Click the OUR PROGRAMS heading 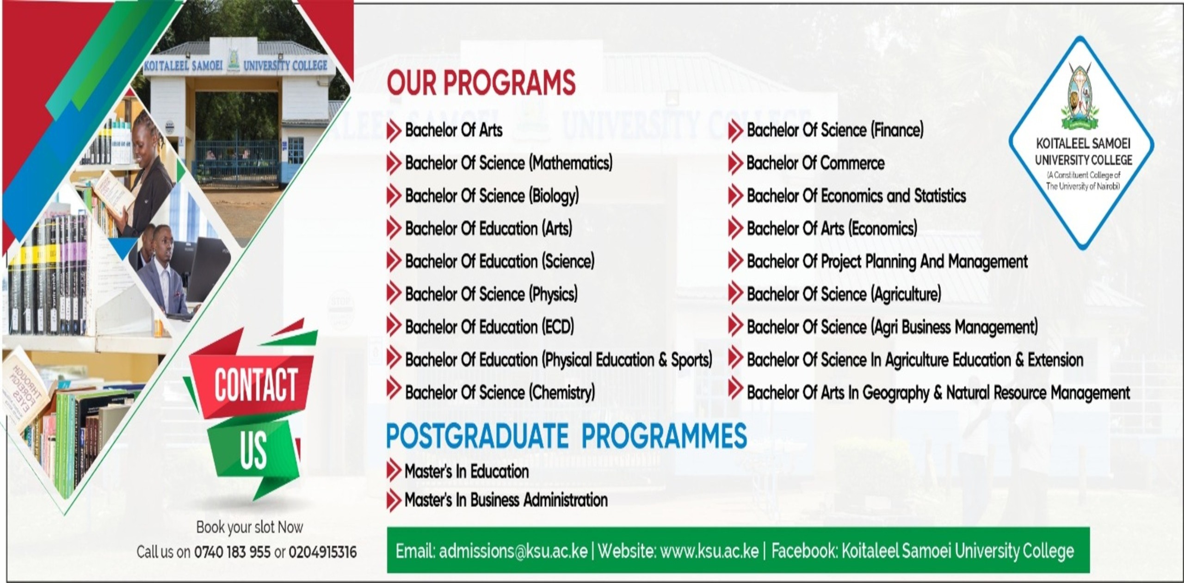(481, 83)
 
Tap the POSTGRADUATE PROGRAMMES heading (566, 436)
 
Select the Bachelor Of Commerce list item (815, 163)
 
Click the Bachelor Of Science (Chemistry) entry (500, 393)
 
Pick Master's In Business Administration (506, 500)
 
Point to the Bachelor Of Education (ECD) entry (489, 327)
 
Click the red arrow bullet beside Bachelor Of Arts (394, 130)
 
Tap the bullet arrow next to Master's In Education (394, 471)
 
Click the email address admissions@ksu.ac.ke (513, 551)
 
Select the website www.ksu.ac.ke (709, 551)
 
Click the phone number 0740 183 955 (232, 552)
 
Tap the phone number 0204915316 (323, 552)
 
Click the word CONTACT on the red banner (256, 385)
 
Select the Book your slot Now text (250, 527)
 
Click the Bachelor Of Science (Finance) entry (835, 130)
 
